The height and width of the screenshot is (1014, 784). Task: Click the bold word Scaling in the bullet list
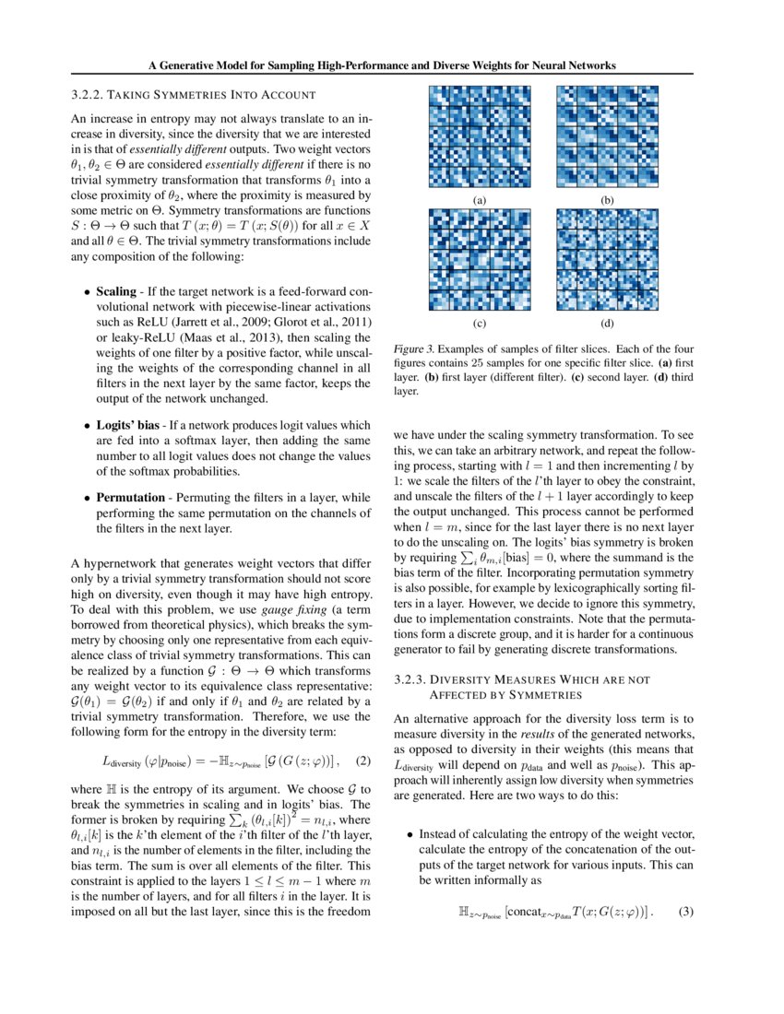pyautogui.click(x=116, y=291)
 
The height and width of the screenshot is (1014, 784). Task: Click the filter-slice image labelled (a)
pyautogui.click(x=479, y=138)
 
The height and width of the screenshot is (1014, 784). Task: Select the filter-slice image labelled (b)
pyautogui.click(x=608, y=138)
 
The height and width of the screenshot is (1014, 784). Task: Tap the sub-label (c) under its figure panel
pyautogui.click(x=479, y=324)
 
